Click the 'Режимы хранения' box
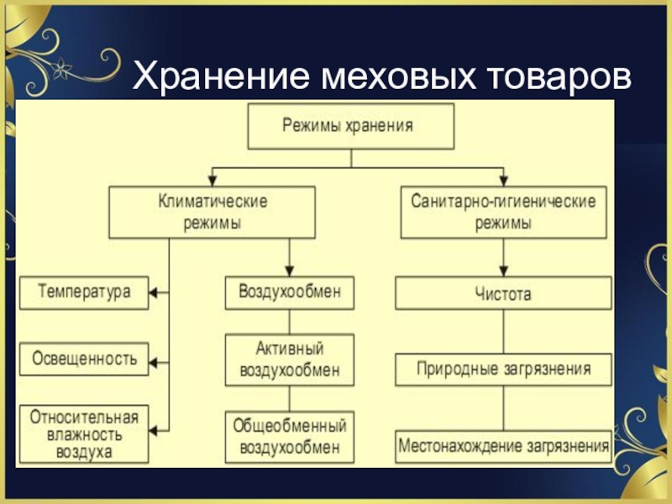[x=349, y=126]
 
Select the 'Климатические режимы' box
[x=213, y=212]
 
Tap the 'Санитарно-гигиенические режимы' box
[x=503, y=212]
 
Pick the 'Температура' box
[x=84, y=292]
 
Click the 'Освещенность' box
[x=84, y=359]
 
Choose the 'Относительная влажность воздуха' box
[x=84, y=433]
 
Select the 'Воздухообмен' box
[x=289, y=292]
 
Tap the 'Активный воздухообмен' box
[x=289, y=359]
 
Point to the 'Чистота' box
[x=503, y=294]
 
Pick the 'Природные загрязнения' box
[x=503, y=369]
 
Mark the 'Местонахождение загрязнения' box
[x=503, y=445]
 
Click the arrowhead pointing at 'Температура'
[x=155, y=292]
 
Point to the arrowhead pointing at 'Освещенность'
[x=155, y=363]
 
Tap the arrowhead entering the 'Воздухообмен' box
[x=289, y=270]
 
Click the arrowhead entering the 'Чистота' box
[x=503, y=271]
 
